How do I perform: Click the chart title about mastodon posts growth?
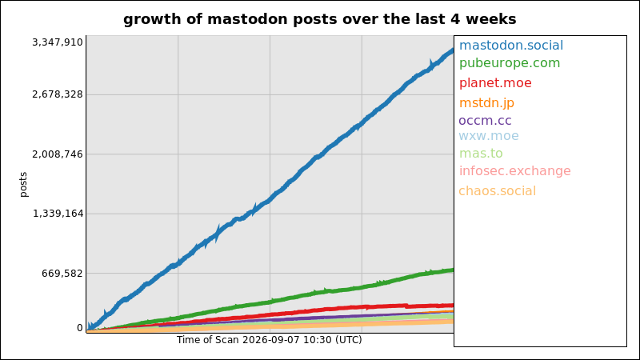pos(319,19)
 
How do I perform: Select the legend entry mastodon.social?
pos(511,46)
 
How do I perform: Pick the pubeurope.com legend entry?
pos(510,63)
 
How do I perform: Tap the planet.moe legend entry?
pos(495,83)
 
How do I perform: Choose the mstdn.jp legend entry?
pos(486,103)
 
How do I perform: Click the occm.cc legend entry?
pos(485,121)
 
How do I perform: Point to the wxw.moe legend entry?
pos(489,135)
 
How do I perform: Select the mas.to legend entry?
pos(481,154)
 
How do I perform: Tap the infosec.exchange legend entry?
pos(514,171)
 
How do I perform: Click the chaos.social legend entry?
pos(497,191)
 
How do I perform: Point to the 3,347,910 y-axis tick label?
pos(58,42)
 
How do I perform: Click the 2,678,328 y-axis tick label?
pos(58,94)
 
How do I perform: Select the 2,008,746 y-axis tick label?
pos(58,154)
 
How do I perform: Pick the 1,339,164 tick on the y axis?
pos(58,214)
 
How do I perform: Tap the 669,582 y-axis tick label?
pos(62,273)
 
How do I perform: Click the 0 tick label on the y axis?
pos(80,328)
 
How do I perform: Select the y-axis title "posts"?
pos(23,185)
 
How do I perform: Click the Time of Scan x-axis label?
pos(270,340)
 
